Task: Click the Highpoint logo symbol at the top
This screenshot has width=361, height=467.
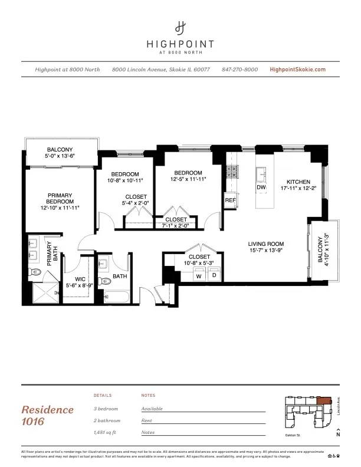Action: point(180,28)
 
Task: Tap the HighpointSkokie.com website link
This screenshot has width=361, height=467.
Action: point(297,70)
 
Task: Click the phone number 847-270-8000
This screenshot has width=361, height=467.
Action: point(239,70)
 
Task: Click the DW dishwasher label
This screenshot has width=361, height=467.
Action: point(261,188)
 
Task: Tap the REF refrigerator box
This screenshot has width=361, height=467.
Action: point(231,200)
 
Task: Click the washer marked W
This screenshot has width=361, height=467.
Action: point(199,275)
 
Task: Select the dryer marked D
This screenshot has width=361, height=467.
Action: point(214,275)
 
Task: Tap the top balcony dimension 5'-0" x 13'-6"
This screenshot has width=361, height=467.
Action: point(60,156)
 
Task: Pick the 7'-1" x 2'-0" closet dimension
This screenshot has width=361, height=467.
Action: point(176,225)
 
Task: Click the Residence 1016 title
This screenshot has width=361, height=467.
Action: point(48,415)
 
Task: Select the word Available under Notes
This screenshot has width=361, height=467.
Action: point(152,409)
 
